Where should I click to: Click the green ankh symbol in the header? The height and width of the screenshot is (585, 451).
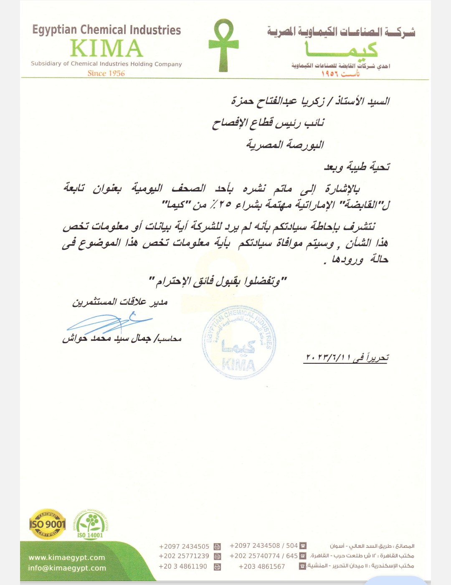[x=223, y=45]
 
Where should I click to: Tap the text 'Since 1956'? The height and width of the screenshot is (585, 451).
[x=106, y=73]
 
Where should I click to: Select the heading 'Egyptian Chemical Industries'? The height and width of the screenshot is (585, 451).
[x=106, y=30]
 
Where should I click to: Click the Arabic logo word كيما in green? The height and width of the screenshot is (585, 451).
[x=342, y=49]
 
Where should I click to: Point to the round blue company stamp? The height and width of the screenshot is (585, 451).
[x=239, y=342]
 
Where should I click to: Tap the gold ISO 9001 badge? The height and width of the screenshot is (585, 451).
[x=47, y=524]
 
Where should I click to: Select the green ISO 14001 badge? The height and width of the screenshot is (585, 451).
[x=90, y=524]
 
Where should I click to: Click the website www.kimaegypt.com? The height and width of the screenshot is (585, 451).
[x=67, y=557]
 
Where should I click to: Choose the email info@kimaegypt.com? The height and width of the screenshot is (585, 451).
[x=67, y=568]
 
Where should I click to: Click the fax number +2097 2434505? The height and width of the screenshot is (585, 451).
[x=184, y=547]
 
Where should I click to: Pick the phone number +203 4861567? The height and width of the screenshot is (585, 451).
[x=262, y=567]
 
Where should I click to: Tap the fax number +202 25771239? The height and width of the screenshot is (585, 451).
[x=184, y=556]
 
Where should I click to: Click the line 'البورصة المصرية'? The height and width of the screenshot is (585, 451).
[x=285, y=145]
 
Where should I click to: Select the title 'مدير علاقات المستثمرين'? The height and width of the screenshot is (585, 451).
[x=120, y=302]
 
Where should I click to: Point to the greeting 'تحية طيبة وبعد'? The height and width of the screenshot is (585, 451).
[x=357, y=167]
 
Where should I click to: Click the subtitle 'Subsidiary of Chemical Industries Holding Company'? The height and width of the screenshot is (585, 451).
[x=106, y=64]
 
